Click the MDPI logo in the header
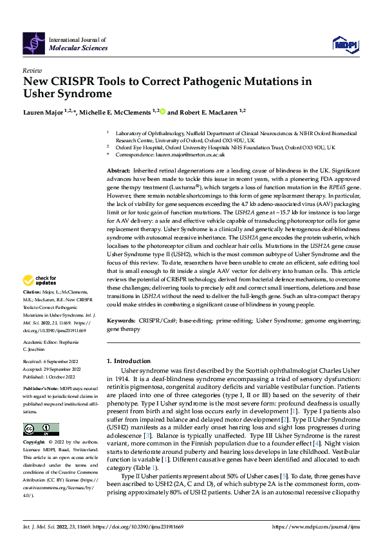pyautogui.click(x=344, y=43)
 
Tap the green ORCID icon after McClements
pyautogui.click(x=162, y=111)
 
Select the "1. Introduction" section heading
pyautogui.click(x=131, y=362)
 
